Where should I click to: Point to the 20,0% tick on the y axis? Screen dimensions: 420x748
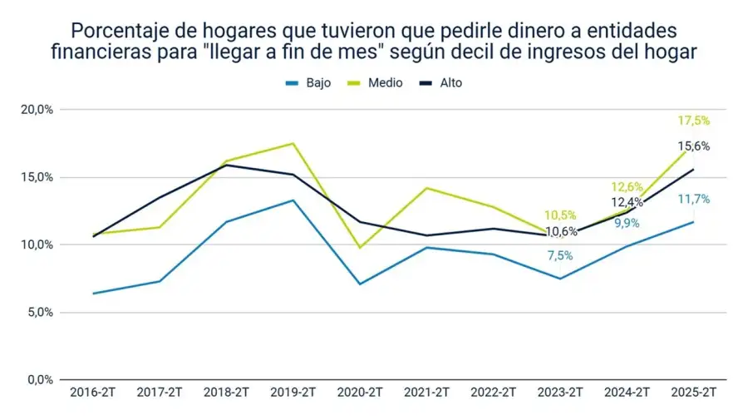(37, 110)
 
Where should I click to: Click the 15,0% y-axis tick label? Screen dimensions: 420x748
(37, 177)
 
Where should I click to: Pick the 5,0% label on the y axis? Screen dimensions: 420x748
(39, 313)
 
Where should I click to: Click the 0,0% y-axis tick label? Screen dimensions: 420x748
(39, 380)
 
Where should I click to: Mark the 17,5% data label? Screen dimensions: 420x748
(694, 121)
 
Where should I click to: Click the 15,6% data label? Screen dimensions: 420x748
(694, 146)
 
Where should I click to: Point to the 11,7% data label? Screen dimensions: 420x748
(694, 200)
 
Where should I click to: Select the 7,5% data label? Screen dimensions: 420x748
(559, 255)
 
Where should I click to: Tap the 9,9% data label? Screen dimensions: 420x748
(627, 223)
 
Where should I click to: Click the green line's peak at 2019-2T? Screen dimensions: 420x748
(292, 143)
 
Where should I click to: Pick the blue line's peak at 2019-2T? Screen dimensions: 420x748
(292, 200)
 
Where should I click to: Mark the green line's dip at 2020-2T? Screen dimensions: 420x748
(359, 248)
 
